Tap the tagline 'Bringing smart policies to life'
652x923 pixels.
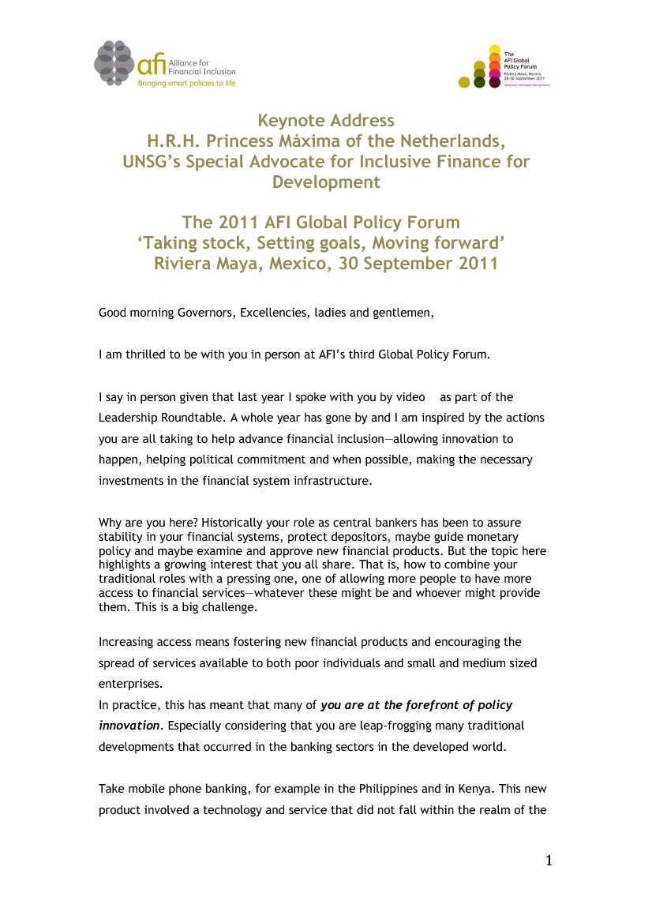coord(186,82)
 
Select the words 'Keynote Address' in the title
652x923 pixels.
coord(326,121)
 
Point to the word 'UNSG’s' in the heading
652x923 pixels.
coord(158,162)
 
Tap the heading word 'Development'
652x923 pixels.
coord(326,182)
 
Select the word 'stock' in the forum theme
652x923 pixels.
coord(229,243)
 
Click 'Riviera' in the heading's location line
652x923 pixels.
coord(189,264)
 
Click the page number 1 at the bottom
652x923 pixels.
coord(549,861)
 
